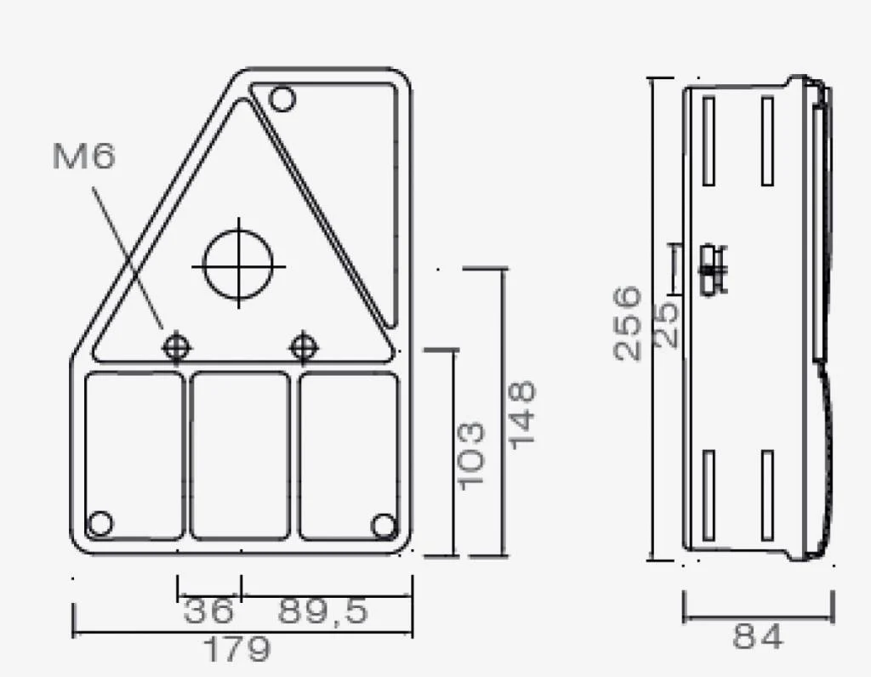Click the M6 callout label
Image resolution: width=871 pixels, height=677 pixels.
[84, 156]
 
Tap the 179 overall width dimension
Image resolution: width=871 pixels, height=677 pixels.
[238, 649]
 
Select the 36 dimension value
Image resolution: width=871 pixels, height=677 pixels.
[208, 611]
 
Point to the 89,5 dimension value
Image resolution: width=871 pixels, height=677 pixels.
[322, 611]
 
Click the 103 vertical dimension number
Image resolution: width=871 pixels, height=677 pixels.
[471, 456]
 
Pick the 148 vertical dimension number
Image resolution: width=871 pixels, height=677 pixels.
[523, 415]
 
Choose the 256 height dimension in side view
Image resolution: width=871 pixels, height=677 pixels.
[628, 323]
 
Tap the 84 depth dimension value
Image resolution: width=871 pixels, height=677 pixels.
[758, 636]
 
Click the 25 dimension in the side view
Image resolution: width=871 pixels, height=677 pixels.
[667, 324]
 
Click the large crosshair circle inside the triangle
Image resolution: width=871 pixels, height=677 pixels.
[238, 265]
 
